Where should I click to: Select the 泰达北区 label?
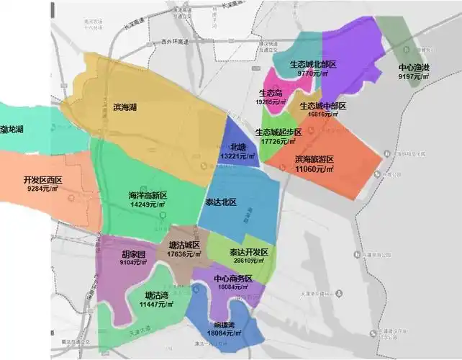220,202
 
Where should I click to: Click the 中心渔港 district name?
414,68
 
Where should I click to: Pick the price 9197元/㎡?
414,76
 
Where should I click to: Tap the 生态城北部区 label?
313,64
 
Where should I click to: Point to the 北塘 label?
238,147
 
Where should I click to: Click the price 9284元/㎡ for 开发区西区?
42,189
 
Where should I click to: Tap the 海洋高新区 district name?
147,196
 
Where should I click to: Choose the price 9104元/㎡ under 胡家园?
131,264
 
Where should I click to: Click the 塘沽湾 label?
157,295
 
